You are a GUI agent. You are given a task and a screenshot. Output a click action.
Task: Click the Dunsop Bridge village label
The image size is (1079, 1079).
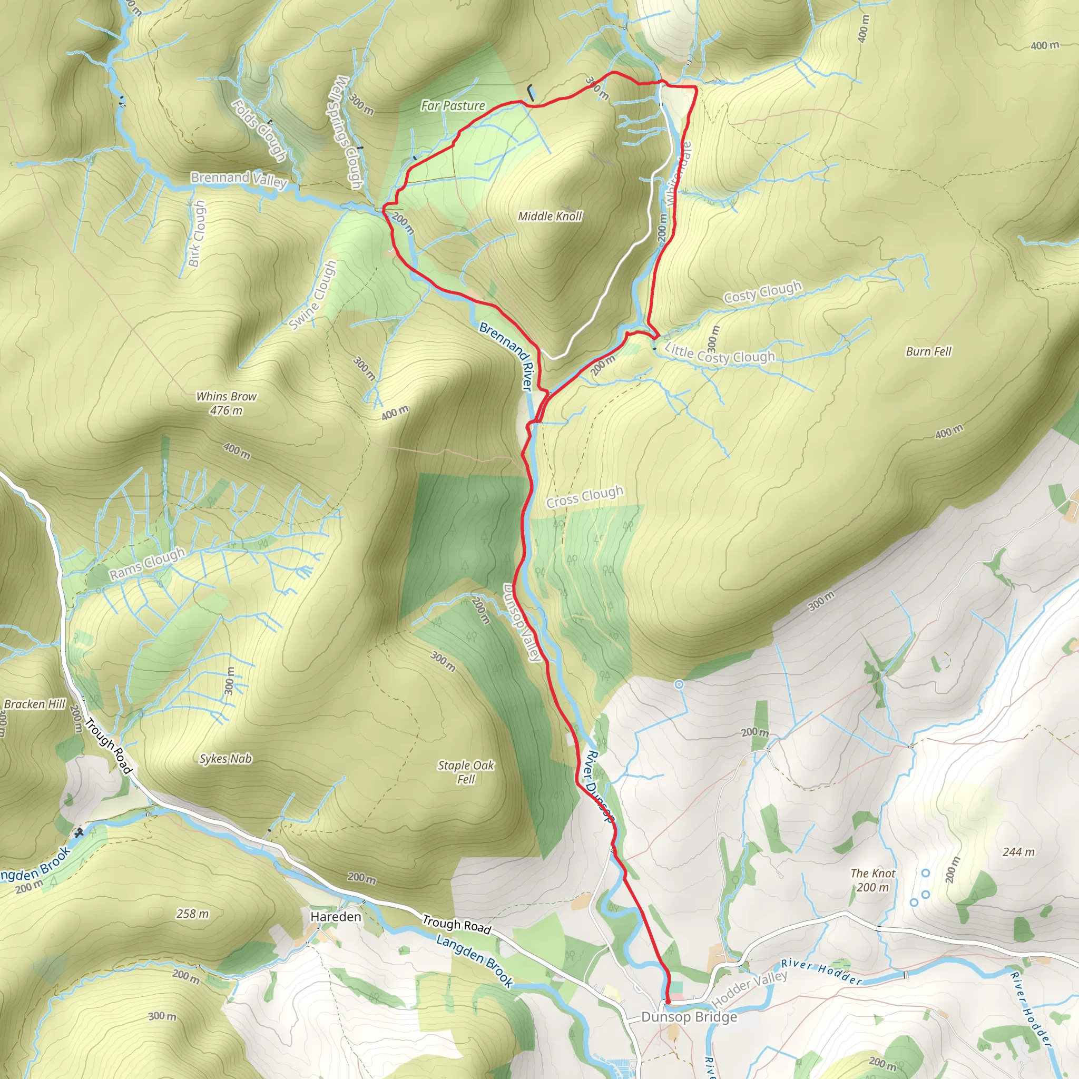click(689, 1017)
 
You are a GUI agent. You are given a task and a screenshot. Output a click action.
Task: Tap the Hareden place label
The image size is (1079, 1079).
click(336, 917)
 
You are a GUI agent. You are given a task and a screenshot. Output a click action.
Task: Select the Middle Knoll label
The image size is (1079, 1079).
click(550, 216)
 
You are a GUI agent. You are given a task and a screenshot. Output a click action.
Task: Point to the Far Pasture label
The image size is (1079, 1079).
click(453, 105)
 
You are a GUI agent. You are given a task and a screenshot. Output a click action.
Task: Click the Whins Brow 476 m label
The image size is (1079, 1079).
click(226, 403)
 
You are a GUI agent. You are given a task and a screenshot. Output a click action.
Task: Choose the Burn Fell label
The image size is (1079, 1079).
click(928, 351)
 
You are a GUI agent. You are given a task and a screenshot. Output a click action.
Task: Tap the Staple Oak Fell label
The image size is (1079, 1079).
click(466, 772)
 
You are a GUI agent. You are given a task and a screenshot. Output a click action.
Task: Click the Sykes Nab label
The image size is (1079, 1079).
click(225, 759)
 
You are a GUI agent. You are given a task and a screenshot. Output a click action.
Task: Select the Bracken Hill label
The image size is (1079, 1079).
click(35, 704)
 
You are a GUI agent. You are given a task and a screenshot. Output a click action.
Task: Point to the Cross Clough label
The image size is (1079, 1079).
click(585, 496)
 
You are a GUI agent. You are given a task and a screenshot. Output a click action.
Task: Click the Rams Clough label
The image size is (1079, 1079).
click(147, 564)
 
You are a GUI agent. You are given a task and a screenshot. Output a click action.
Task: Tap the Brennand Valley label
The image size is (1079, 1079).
click(239, 179)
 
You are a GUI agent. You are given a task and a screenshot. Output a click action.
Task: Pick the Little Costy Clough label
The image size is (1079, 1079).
click(719, 354)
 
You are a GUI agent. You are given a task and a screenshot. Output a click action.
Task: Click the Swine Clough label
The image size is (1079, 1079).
click(313, 296)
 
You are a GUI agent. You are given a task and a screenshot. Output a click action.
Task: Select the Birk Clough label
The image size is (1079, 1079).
click(196, 233)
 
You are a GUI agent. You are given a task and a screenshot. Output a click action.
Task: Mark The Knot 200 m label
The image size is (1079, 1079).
click(872, 880)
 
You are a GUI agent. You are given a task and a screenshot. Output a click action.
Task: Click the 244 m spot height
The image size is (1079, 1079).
click(1018, 852)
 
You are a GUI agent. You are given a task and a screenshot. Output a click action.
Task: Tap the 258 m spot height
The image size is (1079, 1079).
click(192, 914)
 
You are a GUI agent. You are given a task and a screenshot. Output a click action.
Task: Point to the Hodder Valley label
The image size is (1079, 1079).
click(750, 988)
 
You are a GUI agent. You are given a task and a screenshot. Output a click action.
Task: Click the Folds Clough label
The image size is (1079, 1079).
click(259, 130)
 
